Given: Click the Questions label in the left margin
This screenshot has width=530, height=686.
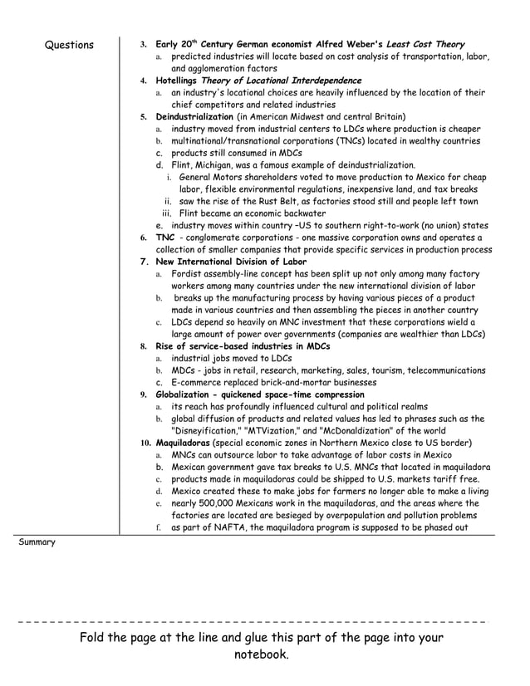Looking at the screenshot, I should click(x=69, y=45).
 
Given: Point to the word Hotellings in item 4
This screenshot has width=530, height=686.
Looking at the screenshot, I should click(x=177, y=81).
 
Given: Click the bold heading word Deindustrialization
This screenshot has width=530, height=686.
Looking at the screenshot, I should click(x=194, y=117).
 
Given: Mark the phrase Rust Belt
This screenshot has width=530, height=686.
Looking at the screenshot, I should click(x=263, y=202).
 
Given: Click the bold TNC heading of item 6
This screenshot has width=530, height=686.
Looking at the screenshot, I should click(x=164, y=238).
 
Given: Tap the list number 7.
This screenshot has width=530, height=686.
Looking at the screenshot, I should click(x=144, y=262).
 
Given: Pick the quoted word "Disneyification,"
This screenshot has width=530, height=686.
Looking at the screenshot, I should click(x=204, y=431).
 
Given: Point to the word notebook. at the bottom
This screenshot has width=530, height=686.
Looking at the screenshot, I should click(x=262, y=654).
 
